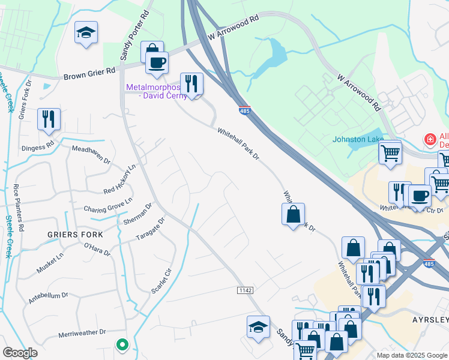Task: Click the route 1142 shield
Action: (245, 290)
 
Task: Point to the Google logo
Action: (20, 353)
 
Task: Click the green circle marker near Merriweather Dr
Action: (122, 344)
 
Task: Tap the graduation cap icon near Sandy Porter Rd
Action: (86, 33)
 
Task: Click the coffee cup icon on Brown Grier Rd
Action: (157, 62)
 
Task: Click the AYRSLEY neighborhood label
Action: (430, 320)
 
